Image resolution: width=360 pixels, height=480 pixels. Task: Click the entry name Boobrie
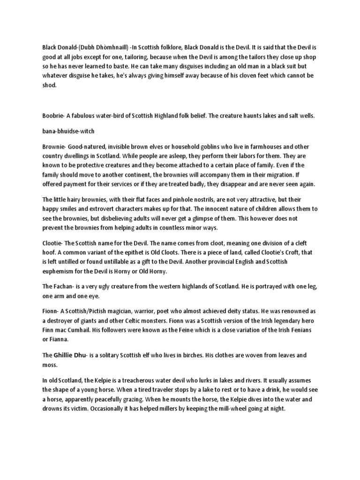pos(49,115)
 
